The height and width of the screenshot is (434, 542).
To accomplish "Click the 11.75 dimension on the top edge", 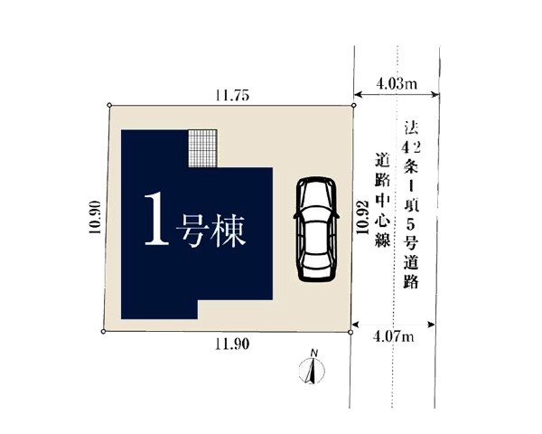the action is (232, 95).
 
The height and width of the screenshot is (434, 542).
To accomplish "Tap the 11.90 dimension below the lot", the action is (232, 344).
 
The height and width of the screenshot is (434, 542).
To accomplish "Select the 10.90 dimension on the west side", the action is (95, 217).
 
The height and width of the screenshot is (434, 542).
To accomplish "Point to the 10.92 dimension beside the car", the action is (362, 217).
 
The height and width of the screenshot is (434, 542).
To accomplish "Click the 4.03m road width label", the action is (397, 84).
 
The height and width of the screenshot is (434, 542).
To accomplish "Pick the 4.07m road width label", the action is (393, 336).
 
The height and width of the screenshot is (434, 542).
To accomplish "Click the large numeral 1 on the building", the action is (156, 219).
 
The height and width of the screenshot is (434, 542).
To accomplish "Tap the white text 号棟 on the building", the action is (210, 231).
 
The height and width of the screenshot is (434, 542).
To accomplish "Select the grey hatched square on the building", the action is (203, 148).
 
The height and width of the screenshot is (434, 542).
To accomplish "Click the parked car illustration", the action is (316, 230).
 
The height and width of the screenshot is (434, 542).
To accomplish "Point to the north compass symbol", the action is (312, 371).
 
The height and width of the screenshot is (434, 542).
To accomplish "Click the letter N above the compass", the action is (314, 353).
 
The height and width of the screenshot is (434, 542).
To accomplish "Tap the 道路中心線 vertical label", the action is (383, 200).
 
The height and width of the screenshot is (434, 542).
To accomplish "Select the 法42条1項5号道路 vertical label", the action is (411, 204).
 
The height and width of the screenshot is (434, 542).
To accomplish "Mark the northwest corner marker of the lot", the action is (109, 105).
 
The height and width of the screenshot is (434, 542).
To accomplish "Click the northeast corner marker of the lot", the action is (353, 105).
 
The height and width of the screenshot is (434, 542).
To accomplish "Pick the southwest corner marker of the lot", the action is (103, 332).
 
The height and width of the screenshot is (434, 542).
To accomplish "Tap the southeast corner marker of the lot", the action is (350, 332).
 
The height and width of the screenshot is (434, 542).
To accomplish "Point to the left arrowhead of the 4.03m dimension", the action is (358, 94).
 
